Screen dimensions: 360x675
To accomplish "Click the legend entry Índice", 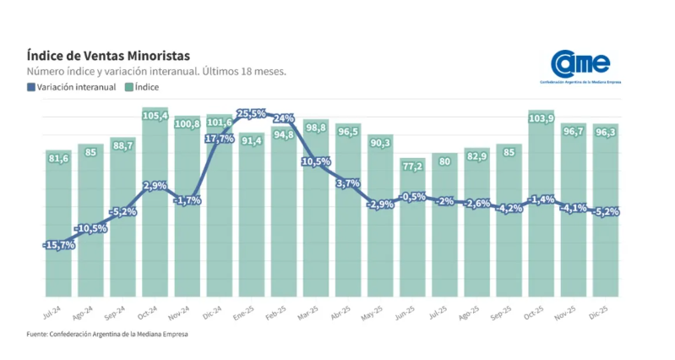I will coord(145,86).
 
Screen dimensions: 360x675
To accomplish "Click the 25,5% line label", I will coord(252,112).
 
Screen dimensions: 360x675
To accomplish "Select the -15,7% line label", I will coord(58,245).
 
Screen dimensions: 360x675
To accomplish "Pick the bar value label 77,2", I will coord(412,166).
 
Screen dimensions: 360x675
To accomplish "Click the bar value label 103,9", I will coord(541,117).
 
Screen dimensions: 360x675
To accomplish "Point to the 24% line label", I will coord(284,118).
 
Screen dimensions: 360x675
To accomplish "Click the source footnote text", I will coord(108,334).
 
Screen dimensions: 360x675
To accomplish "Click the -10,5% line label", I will coord(90,228).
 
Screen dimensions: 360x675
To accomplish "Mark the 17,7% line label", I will coord(220,139).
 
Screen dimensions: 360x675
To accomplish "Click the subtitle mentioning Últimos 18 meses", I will coord(156,71).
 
